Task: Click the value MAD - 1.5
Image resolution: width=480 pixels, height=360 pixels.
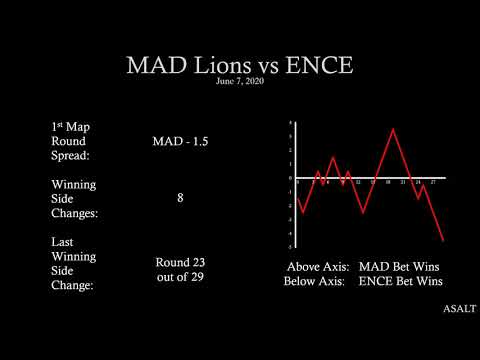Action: click(x=180, y=142)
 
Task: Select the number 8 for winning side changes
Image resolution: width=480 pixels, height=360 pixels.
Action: click(x=180, y=198)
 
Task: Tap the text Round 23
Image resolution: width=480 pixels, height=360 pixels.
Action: click(x=180, y=262)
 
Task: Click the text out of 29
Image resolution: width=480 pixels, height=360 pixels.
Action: click(x=180, y=276)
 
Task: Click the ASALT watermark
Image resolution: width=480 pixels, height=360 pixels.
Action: click(x=459, y=309)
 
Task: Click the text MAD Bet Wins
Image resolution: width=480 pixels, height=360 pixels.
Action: click(x=400, y=267)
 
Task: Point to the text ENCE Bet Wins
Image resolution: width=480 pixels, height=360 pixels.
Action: click(x=400, y=282)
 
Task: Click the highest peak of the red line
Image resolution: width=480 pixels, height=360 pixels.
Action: click(x=394, y=129)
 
